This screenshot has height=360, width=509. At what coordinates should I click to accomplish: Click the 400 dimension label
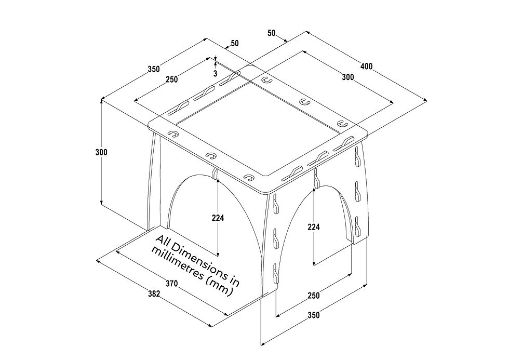(367, 66)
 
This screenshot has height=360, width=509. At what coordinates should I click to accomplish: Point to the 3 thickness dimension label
(215, 73)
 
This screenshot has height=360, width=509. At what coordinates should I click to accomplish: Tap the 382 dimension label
(153, 294)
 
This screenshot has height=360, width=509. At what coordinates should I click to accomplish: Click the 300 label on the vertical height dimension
(101, 153)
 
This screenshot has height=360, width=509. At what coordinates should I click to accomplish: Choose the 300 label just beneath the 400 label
(348, 77)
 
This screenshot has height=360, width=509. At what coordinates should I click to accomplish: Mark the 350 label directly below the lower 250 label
(313, 315)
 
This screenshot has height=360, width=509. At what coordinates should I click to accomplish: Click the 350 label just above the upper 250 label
(154, 69)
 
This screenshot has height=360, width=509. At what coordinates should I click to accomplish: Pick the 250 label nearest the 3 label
(171, 79)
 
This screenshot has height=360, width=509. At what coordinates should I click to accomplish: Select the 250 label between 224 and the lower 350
(313, 296)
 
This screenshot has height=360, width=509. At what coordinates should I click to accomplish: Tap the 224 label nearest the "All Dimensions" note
(218, 218)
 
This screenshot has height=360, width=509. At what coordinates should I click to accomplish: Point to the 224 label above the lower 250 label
(313, 227)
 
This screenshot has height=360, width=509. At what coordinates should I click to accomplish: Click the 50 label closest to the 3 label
(234, 44)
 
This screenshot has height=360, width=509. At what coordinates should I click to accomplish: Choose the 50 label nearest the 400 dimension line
(272, 33)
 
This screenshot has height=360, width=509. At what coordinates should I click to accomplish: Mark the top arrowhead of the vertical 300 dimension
(101, 101)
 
